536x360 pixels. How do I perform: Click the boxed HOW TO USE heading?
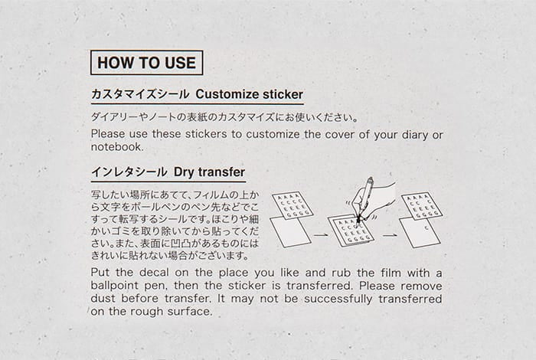tap(147, 63)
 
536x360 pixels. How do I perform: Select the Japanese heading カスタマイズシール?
tap(140, 94)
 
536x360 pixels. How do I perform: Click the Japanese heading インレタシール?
tap(129, 172)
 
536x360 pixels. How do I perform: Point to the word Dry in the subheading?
tap(184, 172)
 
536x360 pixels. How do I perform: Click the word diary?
tap(414, 135)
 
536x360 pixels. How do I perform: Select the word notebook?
tap(116, 147)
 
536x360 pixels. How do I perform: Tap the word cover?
tap(339, 134)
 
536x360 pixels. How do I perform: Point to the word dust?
tap(102, 299)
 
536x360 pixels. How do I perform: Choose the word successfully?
tap(338, 299)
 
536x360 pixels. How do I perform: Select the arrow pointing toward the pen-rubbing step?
tap(321, 235)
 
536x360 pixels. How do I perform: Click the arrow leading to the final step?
tap(390, 235)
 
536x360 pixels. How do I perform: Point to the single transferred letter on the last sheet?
tap(427, 228)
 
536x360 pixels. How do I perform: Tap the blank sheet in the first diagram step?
tap(290, 231)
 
